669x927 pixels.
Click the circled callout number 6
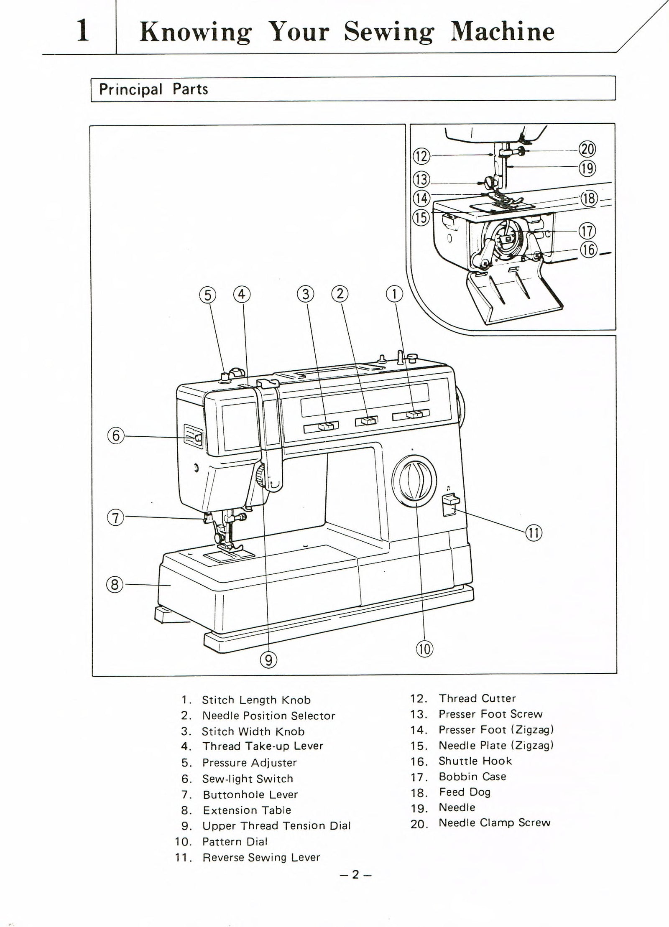(x=116, y=436)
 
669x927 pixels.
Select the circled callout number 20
(x=587, y=149)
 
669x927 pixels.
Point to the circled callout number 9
(x=268, y=660)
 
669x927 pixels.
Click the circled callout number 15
(x=421, y=217)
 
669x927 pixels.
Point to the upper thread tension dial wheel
(x=260, y=476)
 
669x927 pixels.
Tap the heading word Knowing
(x=195, y=32)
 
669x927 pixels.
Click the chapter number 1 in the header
(x=83, y=32)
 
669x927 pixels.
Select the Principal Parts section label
(x=153, y=89)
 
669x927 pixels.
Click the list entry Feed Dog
(x=465, y=792)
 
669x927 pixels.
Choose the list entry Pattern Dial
(x=235, y=841)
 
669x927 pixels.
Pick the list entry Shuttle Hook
(x=475, y=761)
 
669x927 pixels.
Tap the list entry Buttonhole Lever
(x=250, y=794)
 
